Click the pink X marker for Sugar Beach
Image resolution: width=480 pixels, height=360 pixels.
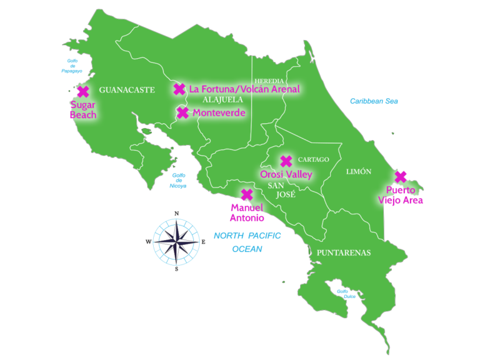[x=82, y=92]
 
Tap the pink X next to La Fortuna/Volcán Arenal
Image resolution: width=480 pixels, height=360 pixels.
[x=179, y=89]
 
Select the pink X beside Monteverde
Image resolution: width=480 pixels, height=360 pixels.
[x=182, y=113]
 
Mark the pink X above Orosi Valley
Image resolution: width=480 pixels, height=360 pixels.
[x=286, y=161]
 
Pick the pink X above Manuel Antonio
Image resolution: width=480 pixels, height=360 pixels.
[x=247, y=194]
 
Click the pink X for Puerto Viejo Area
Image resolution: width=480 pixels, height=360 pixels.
[x=400, y=177]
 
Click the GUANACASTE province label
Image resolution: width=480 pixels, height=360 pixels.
[x=126, y=90]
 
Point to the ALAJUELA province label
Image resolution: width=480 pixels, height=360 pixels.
[x=222, y=99]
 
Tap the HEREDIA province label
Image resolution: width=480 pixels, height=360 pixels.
[x=269, y=81]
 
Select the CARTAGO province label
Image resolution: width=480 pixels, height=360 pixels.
[x=313, y=160]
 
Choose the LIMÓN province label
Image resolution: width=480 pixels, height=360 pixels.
[x=359, y=171]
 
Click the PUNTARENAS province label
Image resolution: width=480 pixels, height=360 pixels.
[x=343, y=253]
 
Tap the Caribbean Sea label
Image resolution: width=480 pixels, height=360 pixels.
[x=374, y=101]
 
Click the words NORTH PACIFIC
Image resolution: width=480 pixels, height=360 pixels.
[x=247, y=236]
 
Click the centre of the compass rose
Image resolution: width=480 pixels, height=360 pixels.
[x=176, y=241]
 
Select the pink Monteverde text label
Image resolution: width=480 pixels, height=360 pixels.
[x=219, y=113]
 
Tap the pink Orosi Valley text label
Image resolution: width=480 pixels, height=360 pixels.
[x=286, y=175]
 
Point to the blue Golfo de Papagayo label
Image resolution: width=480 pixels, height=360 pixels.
[x=72, y=66]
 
